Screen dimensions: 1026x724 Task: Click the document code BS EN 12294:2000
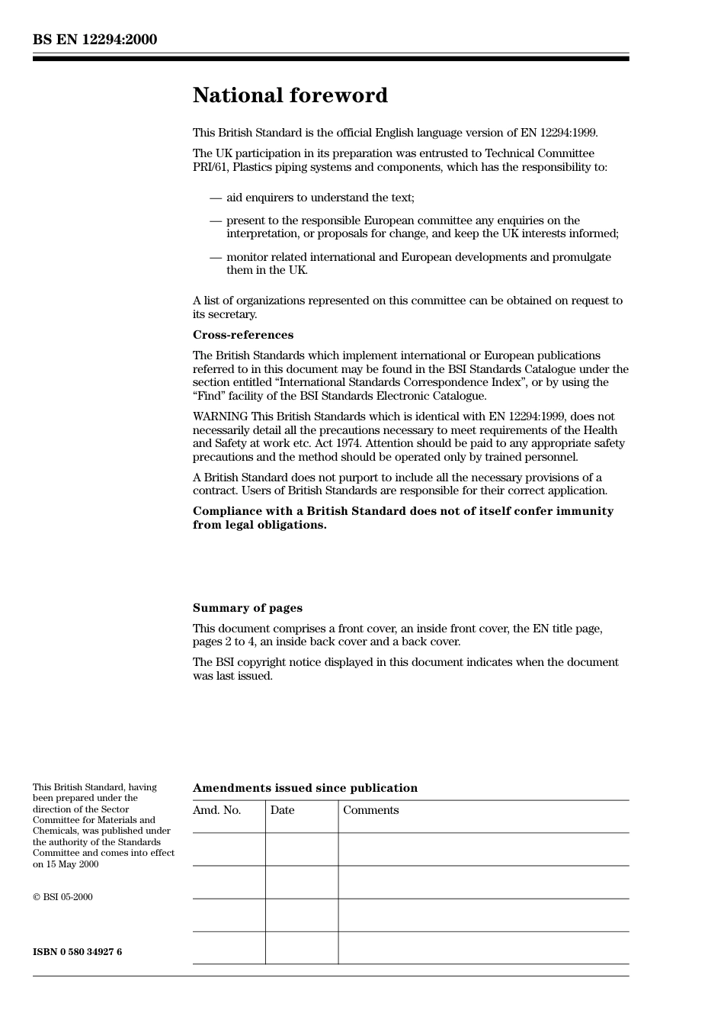click(x=95, y=40)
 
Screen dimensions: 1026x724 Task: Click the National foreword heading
click(x=290, y=95)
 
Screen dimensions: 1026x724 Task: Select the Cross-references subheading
click(x=242, y=335)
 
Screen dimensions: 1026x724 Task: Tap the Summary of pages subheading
click(x=247, y=608)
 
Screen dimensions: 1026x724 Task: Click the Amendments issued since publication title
click(x=305, y=788)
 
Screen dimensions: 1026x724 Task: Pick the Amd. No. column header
click(x=216, y=810)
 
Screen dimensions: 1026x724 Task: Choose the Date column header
click(x=282, y=810)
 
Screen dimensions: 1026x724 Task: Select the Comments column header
click(x=370, y=810)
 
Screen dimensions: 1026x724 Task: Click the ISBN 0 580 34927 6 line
click(x=77, y=952)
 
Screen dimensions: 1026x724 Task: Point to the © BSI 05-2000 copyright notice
click(x=62, y=897)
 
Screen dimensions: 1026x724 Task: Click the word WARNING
click(x=220, y=417)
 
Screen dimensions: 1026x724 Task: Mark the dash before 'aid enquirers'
click(x=216, y=198)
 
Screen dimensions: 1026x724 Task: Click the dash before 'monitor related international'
click(x=216, y=257)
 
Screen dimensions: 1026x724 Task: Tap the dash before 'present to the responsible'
click(x=216, y=220)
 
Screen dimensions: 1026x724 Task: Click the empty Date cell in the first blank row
click(x=302, y=849)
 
